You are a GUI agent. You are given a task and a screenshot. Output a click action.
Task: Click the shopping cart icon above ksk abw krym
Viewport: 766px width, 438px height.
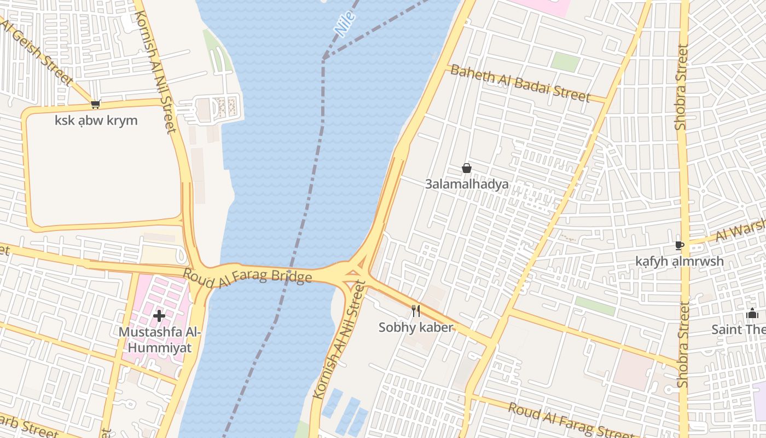pos(96,104)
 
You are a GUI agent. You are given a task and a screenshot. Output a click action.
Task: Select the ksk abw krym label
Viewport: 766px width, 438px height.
pos(96,120)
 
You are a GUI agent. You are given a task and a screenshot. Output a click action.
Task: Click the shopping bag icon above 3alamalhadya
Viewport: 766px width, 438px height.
pos(467,168)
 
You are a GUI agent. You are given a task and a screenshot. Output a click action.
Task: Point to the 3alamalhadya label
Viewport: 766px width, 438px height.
pos(467,184)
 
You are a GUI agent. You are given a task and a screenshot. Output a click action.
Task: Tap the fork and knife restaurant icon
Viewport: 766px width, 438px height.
pos(416,311)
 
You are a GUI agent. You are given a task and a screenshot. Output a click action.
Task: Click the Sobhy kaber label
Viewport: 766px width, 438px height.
pos(416,327)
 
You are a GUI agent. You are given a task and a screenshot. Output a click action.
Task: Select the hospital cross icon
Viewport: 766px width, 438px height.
pos(159,316)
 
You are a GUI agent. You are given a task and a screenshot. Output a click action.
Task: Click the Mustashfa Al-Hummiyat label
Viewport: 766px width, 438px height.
pos(160,339)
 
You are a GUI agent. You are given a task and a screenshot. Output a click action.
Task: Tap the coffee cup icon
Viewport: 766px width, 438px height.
pos(679,245)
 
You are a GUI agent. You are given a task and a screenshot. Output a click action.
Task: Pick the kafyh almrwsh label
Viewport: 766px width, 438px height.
pos(679,261)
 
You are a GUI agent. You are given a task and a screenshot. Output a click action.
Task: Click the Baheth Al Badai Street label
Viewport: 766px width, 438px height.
pos(520,84)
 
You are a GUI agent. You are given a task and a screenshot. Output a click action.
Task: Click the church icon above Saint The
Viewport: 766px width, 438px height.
pos(752,314)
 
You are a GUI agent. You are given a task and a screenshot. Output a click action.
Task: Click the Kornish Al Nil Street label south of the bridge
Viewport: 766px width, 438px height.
pos(339,339)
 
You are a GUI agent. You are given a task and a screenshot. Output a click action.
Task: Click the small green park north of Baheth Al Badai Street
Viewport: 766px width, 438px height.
pos(565,62)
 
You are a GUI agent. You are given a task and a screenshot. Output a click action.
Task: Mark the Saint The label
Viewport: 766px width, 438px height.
pos(739,329)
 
